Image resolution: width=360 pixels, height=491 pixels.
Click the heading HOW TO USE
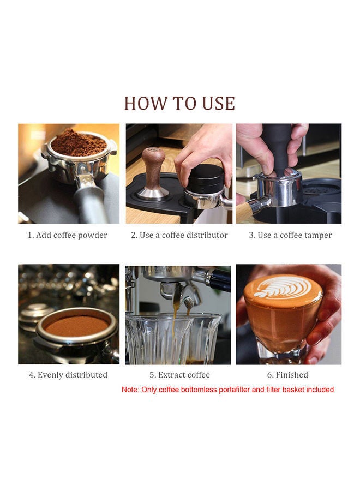click(179, 103)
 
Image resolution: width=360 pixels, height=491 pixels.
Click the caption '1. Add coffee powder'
click(67, 235)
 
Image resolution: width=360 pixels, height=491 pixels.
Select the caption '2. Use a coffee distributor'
click(179, 235)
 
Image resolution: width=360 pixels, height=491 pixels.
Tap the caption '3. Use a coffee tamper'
click(290, 235)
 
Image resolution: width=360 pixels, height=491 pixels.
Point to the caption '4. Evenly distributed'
click(68, 375)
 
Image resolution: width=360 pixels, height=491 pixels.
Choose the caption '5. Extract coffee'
click(179, 375)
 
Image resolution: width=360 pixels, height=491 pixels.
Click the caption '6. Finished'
click(287, 375)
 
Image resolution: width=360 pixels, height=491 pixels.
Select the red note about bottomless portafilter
click(227, 390)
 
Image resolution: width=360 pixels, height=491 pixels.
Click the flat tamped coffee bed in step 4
click(77, 326)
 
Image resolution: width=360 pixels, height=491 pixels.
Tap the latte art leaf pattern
click(283, 288)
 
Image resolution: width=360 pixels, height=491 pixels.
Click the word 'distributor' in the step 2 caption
click(208, 235)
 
